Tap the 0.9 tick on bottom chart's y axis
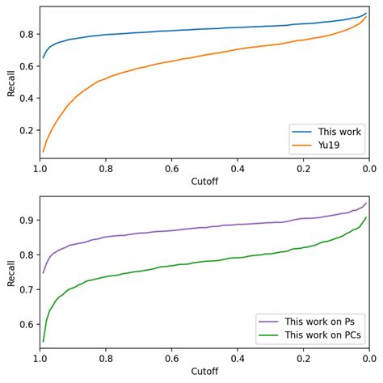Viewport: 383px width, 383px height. click(x=26, y=220)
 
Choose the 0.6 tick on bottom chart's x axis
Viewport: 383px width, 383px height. click(x=171, y=360)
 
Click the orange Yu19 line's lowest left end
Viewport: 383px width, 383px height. click(x=43, y=151)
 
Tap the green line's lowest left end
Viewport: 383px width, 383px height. click(x=43, y=341)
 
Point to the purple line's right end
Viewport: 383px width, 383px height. click(x=366, y=203)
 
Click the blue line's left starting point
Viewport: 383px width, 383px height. click(x=43, y=58)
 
